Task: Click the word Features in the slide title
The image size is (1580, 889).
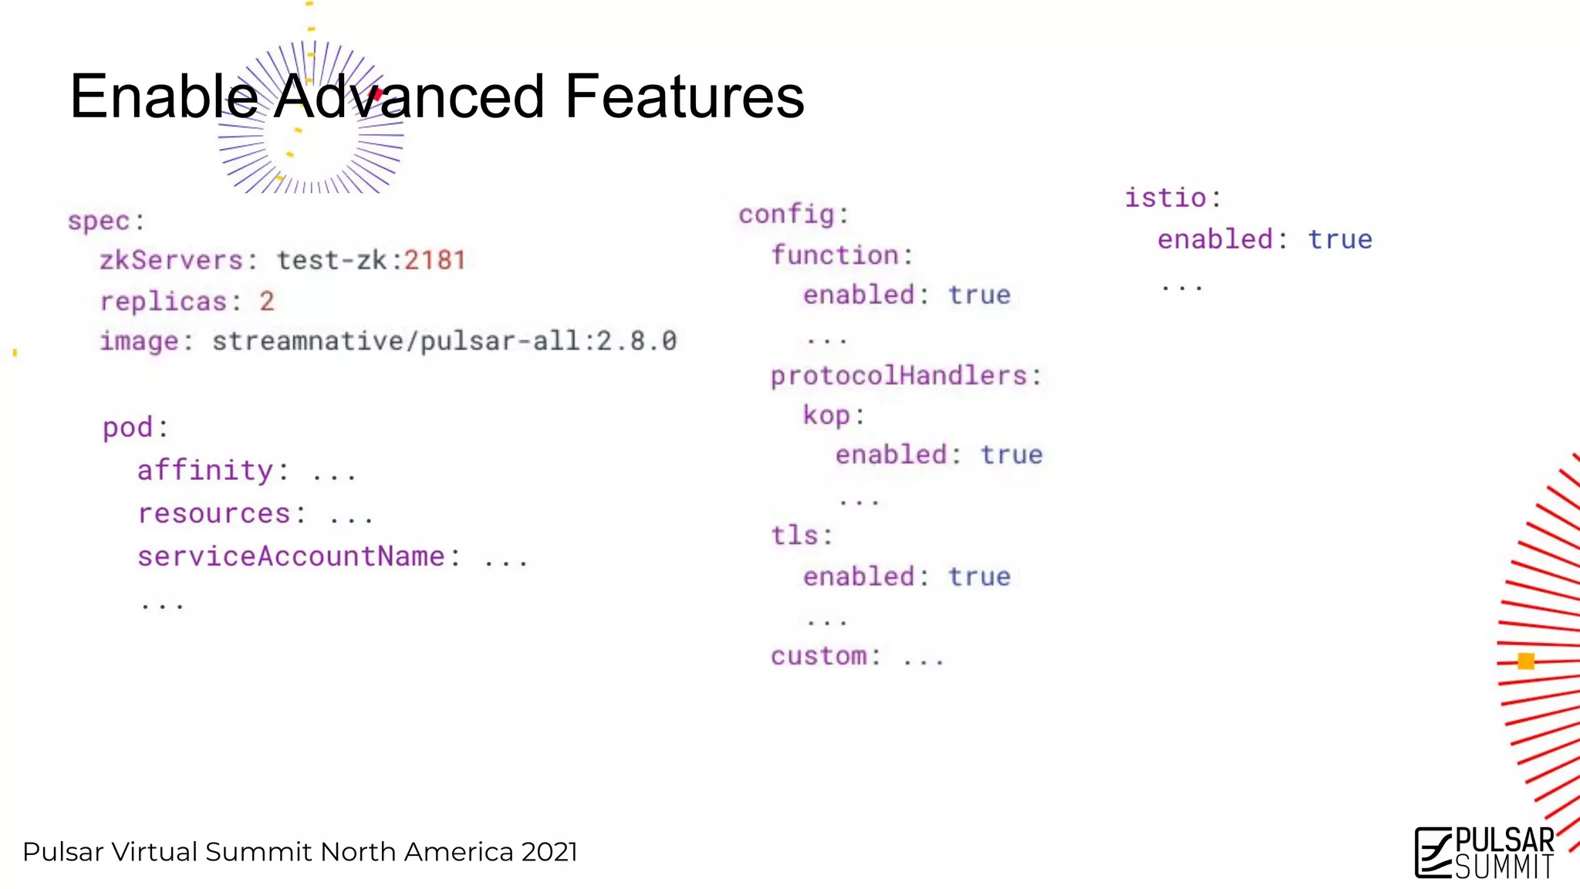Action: [684, 97]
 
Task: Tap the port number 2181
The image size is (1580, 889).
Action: [435, 261]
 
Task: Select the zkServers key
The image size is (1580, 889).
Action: [171, 261]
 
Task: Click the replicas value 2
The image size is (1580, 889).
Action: [267, 301]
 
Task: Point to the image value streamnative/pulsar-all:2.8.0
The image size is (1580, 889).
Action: [444, 341]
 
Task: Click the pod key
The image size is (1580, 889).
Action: [128, 428]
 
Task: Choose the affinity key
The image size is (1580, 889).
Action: [205, 471]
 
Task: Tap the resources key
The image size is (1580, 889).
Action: [214, 514]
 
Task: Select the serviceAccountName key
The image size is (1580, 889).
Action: [292, 556]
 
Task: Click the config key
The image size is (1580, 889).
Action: [787, 215]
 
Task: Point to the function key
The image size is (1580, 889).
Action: [836, 255]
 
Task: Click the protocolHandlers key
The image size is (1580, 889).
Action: [900, 376]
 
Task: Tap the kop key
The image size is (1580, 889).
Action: [826, 415]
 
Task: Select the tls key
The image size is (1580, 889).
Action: [795, 536]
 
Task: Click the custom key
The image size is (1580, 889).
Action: [819, 656]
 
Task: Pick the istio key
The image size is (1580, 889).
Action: [1166, 198]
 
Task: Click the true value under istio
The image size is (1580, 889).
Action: [1340, 239]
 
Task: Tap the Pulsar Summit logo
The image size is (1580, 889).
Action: [1484, 853]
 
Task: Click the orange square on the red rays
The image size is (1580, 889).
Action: [1526, 661]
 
